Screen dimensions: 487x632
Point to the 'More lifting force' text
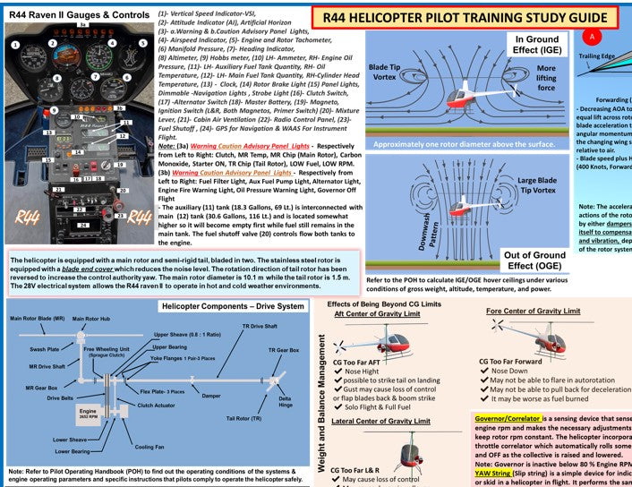click(x=545, y=79)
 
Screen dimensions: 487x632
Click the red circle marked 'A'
click(x=591, y=38)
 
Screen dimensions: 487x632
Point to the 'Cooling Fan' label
click(x=151, y=446)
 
